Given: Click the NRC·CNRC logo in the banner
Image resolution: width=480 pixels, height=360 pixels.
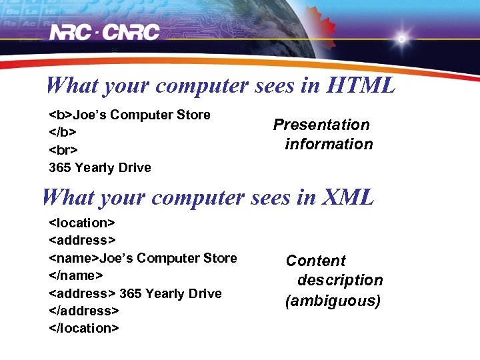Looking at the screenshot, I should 105,32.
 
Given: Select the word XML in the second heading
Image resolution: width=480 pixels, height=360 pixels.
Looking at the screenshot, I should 348,197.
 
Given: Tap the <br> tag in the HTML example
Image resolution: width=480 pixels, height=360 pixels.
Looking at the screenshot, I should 63,150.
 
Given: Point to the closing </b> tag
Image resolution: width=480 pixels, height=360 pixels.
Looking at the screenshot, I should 61,132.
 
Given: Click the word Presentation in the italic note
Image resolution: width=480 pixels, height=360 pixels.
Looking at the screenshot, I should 321,125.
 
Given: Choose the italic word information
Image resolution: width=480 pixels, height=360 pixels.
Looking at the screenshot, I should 329,144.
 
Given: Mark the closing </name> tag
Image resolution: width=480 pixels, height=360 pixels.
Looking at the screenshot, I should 75,275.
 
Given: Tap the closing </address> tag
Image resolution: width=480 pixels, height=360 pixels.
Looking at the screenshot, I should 84,311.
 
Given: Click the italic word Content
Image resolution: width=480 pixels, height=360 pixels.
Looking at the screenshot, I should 316,261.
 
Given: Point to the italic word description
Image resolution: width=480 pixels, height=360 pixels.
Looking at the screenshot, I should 340,280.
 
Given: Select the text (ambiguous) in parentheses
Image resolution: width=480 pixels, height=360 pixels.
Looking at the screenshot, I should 333,301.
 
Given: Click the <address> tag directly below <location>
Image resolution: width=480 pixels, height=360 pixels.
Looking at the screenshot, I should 83,240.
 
